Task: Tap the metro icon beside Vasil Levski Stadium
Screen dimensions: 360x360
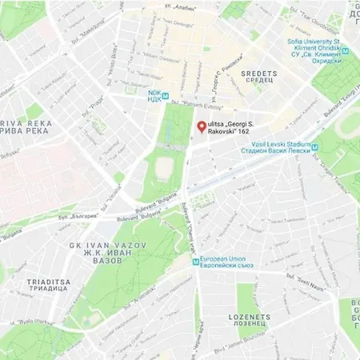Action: coord(316,146)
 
